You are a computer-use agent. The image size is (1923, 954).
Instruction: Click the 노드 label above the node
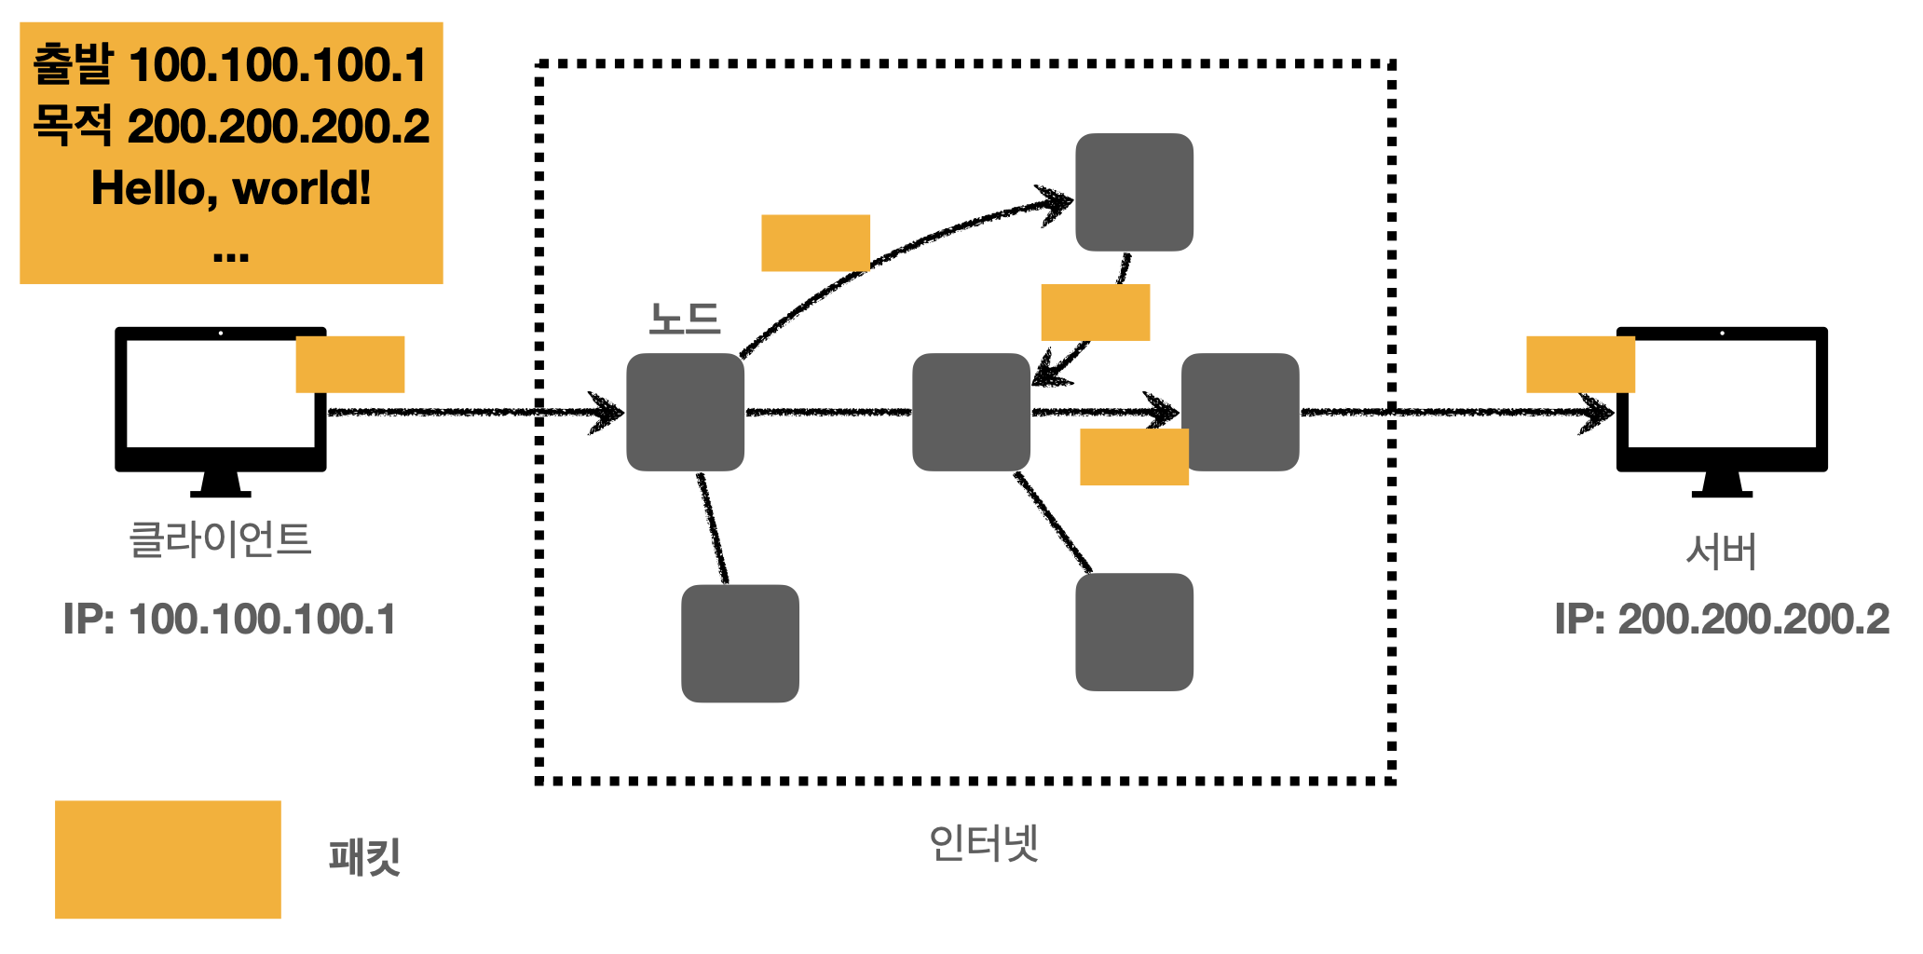click(x=685, y=320)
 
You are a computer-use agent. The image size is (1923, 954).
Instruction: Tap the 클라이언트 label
click(x=220, y=539)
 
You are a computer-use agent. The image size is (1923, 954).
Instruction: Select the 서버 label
click(x=1721, y=552)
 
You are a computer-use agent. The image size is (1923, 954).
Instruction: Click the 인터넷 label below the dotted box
click(x=984, y=843)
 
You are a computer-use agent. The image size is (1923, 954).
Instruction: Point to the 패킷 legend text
click(x=364, y=857)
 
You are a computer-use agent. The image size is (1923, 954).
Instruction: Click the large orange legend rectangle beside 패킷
click(x=168, y=859)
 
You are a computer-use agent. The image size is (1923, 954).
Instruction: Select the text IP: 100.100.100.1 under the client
click(x=229, y=620)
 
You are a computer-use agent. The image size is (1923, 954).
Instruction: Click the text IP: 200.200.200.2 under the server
click(x=1722, y=620)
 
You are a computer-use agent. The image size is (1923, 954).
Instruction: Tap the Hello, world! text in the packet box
click(x=231, y=188)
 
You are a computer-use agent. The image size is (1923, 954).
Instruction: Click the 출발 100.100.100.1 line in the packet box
click(x=230, y=65)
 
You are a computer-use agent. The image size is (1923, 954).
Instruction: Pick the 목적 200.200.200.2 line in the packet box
click(x=231, y=126)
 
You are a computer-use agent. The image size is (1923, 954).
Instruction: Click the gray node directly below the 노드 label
click(x=685, y=412)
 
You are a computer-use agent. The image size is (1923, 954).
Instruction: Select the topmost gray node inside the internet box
click(x=1134, y=192)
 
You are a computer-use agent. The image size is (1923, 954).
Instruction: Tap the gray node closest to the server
click(x=1240, y=412)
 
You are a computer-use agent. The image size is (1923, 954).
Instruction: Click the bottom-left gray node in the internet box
click(x=740, y=643)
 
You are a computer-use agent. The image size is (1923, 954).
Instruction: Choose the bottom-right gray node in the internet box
click(x=1134, y=632)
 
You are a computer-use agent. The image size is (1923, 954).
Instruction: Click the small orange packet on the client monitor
click(x=350, y=364)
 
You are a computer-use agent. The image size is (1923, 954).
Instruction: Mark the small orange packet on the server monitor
click(x=1580, y=364)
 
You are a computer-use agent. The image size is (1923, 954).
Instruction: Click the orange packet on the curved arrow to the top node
click(x=815, y=243)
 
